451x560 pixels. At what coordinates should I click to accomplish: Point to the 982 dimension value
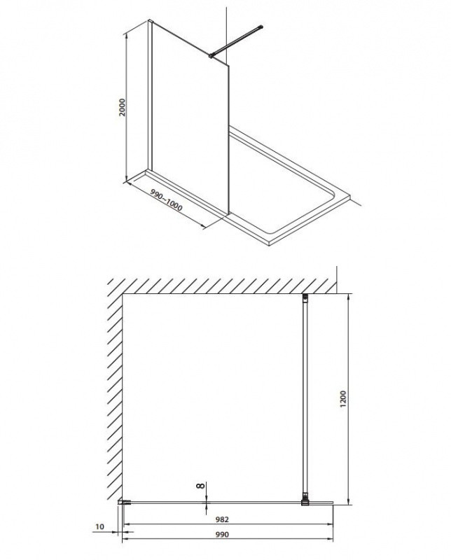[223, 519]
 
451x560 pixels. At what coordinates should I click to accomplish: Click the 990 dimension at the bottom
[223, 535]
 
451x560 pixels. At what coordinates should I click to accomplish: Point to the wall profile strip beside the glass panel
[149, 98]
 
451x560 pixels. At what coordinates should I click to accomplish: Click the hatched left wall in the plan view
[114, 392]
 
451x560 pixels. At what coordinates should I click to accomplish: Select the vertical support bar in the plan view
[305, 399]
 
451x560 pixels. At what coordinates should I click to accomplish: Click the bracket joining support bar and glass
[305, 500]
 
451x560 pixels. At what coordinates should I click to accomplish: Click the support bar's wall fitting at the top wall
[305, 299]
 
